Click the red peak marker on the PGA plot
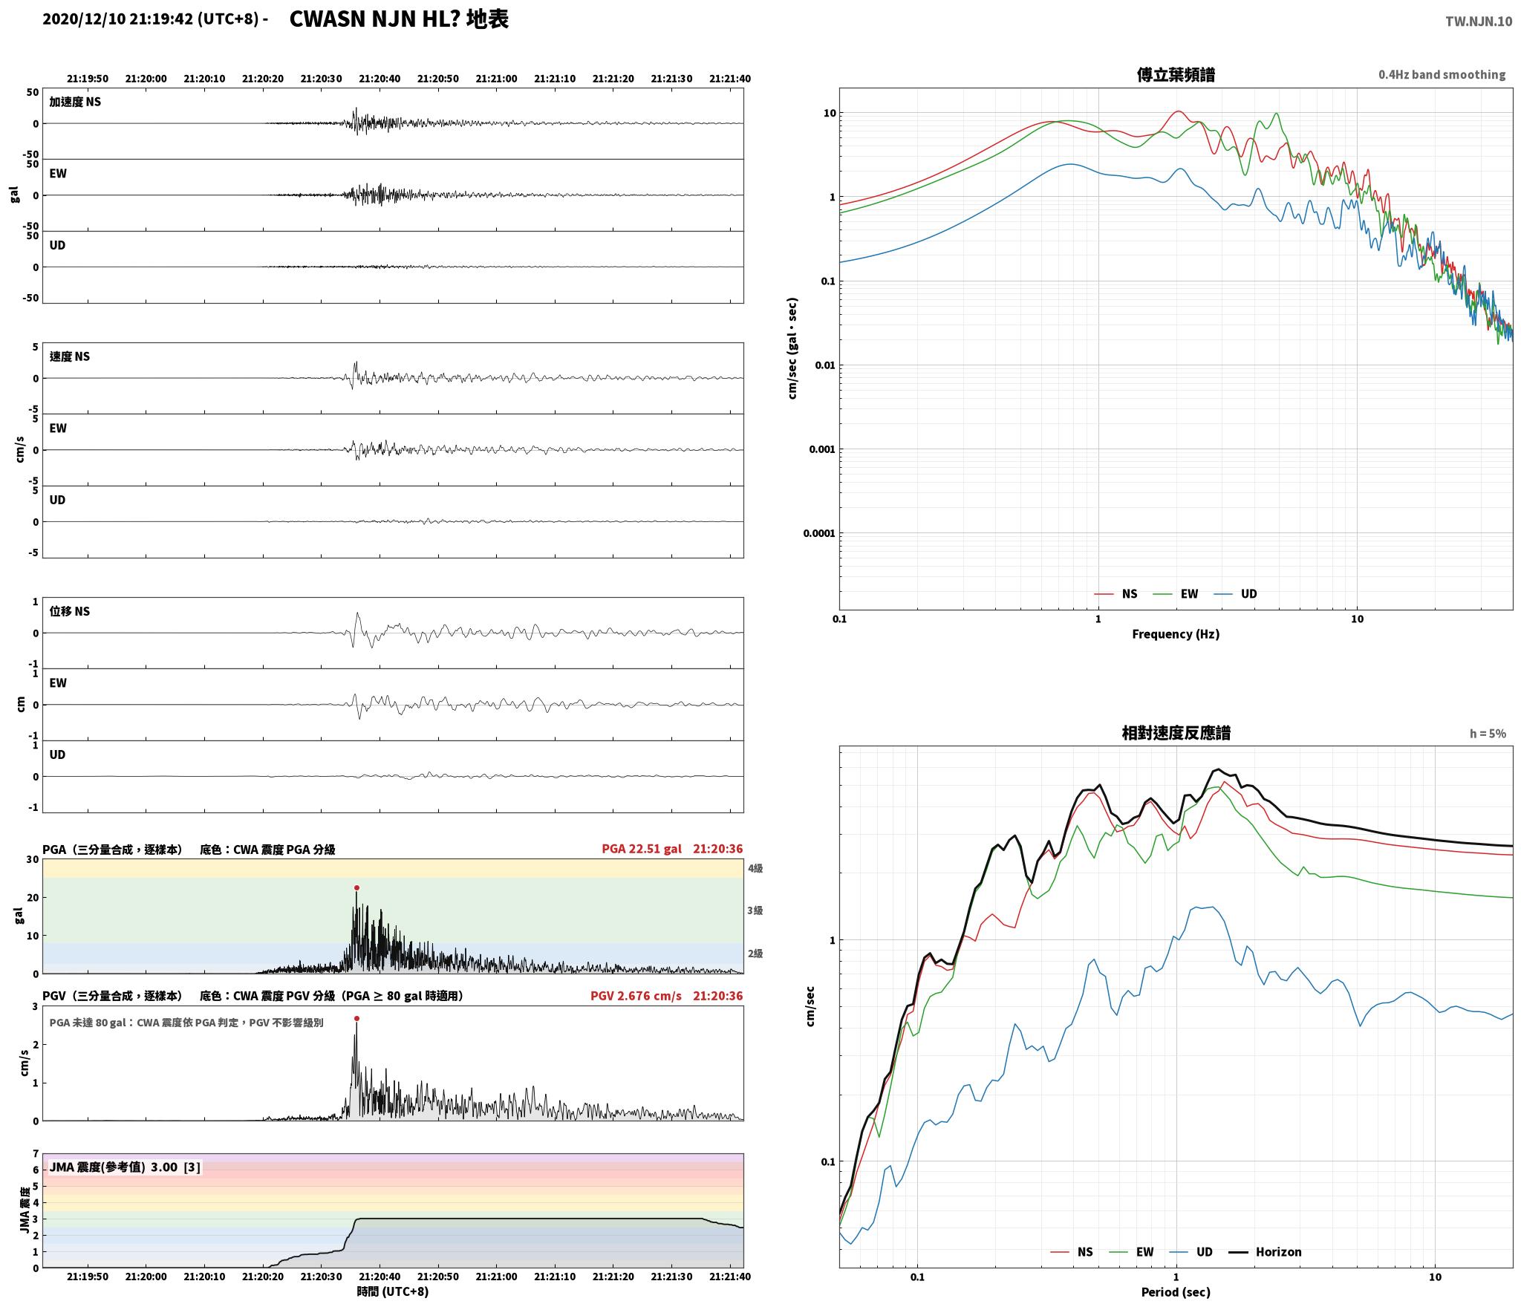point(356,887)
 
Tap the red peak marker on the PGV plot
point(356,1018)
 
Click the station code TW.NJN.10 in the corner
point(1478,22)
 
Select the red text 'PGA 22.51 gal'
point(642,849)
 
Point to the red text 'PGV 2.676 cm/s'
point(636,996)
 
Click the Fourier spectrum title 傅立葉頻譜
point(1176,74)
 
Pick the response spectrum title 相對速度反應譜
point(1176,733)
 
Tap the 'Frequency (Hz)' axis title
point(1176,633)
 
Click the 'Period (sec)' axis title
point(1176,1291)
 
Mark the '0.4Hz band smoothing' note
point(1442,74)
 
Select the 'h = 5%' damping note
point(1488,733)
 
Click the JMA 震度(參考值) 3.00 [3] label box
point(125,1167)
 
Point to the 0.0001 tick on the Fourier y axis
point(818,533)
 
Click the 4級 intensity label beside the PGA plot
point(755,868)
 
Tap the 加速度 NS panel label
point(75,102)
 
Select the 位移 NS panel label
point(70,611)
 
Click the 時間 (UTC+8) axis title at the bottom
point(393,1291)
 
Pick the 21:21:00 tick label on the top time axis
point(496,78)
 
